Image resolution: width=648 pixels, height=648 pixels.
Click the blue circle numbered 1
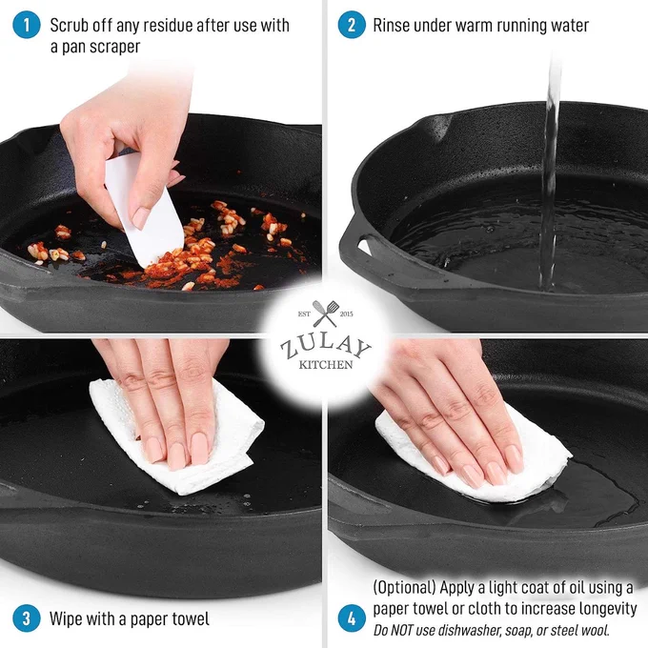tap(27, 25)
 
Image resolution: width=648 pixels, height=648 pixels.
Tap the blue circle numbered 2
tap(352, 25)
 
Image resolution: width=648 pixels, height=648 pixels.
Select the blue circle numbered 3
tap(27, 618)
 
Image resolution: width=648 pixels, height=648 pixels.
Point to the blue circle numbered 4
tap(352, 618)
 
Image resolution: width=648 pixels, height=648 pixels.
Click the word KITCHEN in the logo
tap(326, 364)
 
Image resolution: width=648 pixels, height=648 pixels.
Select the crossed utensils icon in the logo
tap(325, 314)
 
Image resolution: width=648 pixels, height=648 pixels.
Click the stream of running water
tap(551, 173)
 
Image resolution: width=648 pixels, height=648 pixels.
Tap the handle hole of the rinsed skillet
tap(364, 247)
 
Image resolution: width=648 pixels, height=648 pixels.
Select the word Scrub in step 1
tap(69, 25)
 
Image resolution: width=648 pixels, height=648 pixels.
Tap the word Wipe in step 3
tap(65, 618)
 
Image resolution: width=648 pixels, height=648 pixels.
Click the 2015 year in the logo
tap(346, 314)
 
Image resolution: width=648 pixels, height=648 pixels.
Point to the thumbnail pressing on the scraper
tap(140, 218)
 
